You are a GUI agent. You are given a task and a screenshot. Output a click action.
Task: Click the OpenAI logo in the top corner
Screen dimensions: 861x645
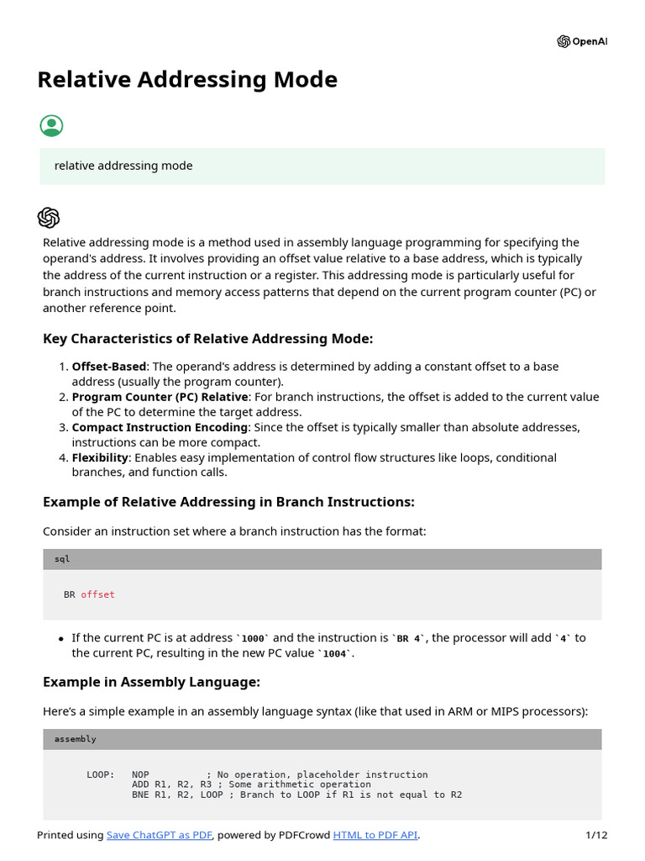pos(582,42)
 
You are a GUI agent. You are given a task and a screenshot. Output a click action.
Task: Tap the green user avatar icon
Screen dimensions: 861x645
pos(51,126)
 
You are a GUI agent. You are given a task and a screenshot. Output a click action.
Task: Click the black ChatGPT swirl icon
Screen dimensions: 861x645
pos(49,218)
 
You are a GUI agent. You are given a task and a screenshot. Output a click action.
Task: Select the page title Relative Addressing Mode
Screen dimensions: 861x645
pos(187,80)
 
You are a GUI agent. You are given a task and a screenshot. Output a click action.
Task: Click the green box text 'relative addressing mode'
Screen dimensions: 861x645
pos(123,166)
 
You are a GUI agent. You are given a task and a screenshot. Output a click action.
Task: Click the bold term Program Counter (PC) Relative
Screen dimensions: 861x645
pos(160,397)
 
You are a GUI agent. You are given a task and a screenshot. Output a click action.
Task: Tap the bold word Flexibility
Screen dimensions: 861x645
pos(100,457)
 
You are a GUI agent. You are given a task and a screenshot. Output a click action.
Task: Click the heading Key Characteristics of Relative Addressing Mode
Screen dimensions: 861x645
pos(207,339)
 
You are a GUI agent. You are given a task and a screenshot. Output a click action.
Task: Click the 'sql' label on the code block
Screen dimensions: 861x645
pos(62,559)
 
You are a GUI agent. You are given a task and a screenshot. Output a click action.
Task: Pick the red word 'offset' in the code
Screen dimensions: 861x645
pos(97,594)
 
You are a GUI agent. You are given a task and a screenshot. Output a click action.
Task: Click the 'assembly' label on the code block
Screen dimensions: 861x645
pos(76,739)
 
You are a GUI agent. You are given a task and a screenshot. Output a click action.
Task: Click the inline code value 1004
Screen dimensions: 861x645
pos(334,653)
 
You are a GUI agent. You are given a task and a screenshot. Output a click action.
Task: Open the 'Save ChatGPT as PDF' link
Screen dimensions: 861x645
pos(160,835)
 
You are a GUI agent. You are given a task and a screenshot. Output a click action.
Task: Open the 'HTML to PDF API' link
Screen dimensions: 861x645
pos(375,835)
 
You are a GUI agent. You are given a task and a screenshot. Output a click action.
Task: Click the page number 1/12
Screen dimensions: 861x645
pos(595,835)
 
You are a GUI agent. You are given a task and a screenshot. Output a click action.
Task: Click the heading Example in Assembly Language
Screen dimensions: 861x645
pos(151,682)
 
